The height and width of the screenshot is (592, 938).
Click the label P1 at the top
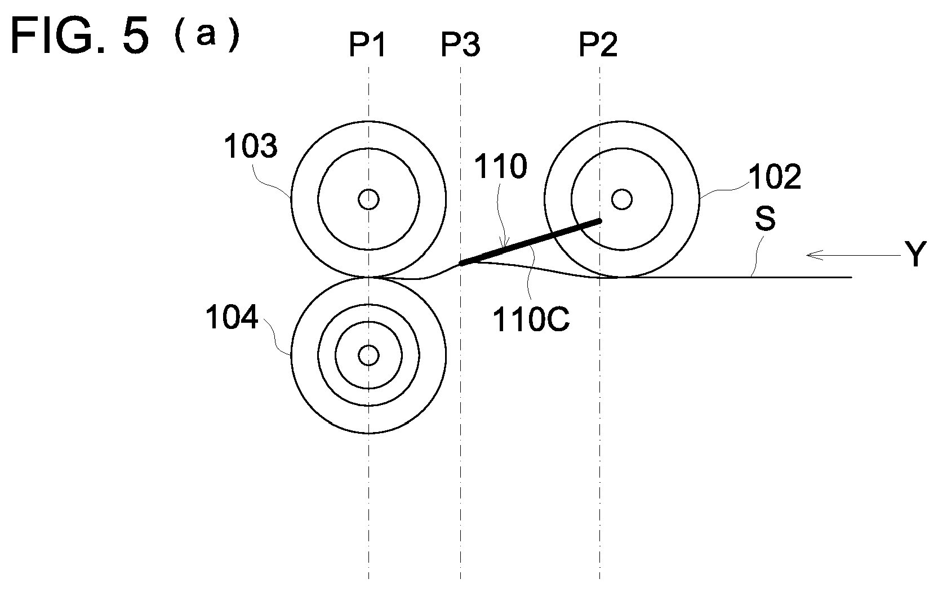click(367, 45)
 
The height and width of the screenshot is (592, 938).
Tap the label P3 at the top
click(460, 45)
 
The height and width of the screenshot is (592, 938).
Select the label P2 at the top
click(598, 45)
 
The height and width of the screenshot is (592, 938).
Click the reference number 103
click(251, 146)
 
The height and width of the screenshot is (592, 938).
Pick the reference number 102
click(775, 177)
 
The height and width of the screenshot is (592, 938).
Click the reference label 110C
click(531, 319)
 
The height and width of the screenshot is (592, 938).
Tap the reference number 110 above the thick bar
click(500, 166)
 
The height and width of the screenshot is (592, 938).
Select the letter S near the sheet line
click(765, 219)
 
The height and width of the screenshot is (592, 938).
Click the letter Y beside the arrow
click(915, 254)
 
